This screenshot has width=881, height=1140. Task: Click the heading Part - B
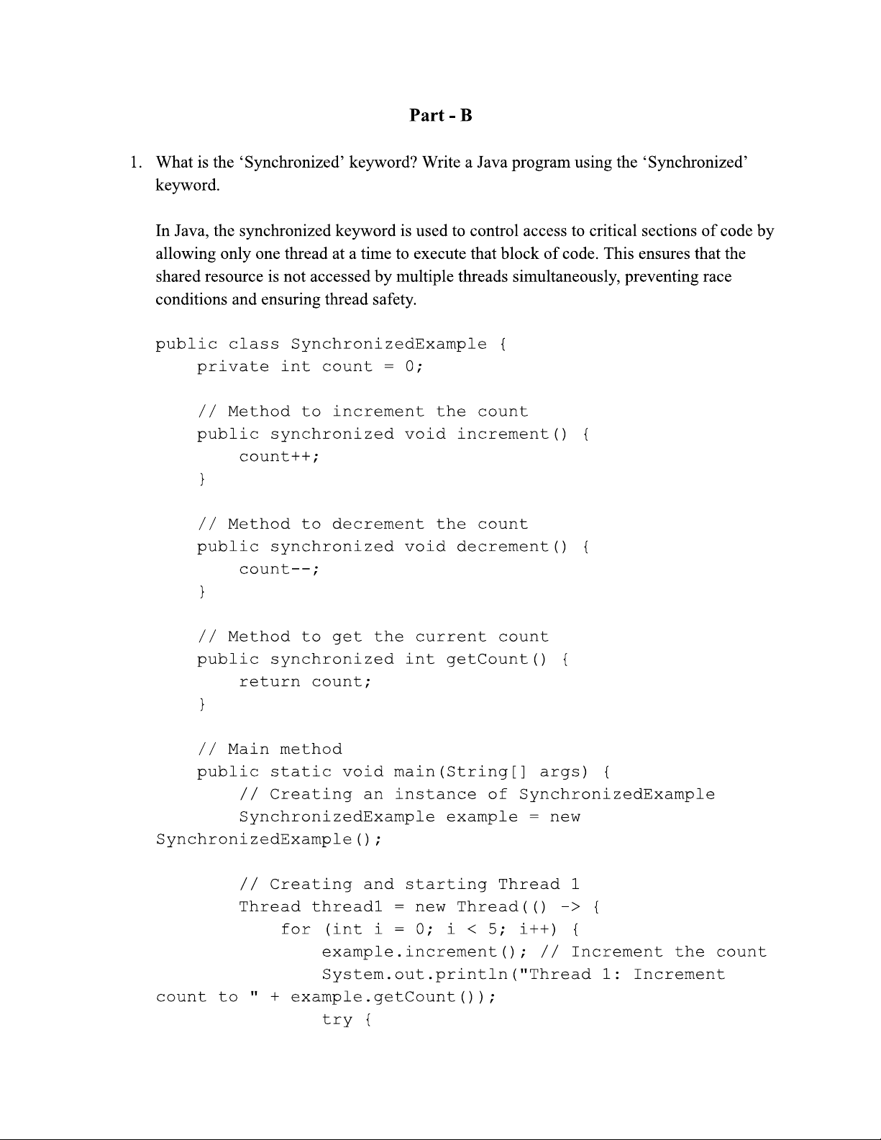click(440, 115)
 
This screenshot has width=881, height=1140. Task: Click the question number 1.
click(134, 163)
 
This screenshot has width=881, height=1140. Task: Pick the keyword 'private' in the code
click(233, 367)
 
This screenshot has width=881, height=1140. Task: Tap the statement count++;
click(279, 457)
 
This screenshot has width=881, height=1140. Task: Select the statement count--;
click(279, 570)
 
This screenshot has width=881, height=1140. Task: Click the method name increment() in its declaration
click(511, 434)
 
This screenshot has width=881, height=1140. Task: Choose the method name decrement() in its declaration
click(511, 547)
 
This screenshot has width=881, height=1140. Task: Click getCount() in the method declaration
click(496, 660)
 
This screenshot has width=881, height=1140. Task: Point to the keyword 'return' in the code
click(269, 682)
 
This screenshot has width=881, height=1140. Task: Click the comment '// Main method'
click(270, 749)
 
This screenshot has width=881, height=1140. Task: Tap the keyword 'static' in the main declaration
click(300, 772)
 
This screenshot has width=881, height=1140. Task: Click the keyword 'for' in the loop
click(295, 929)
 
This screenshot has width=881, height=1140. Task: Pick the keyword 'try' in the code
click(337, 1020)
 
